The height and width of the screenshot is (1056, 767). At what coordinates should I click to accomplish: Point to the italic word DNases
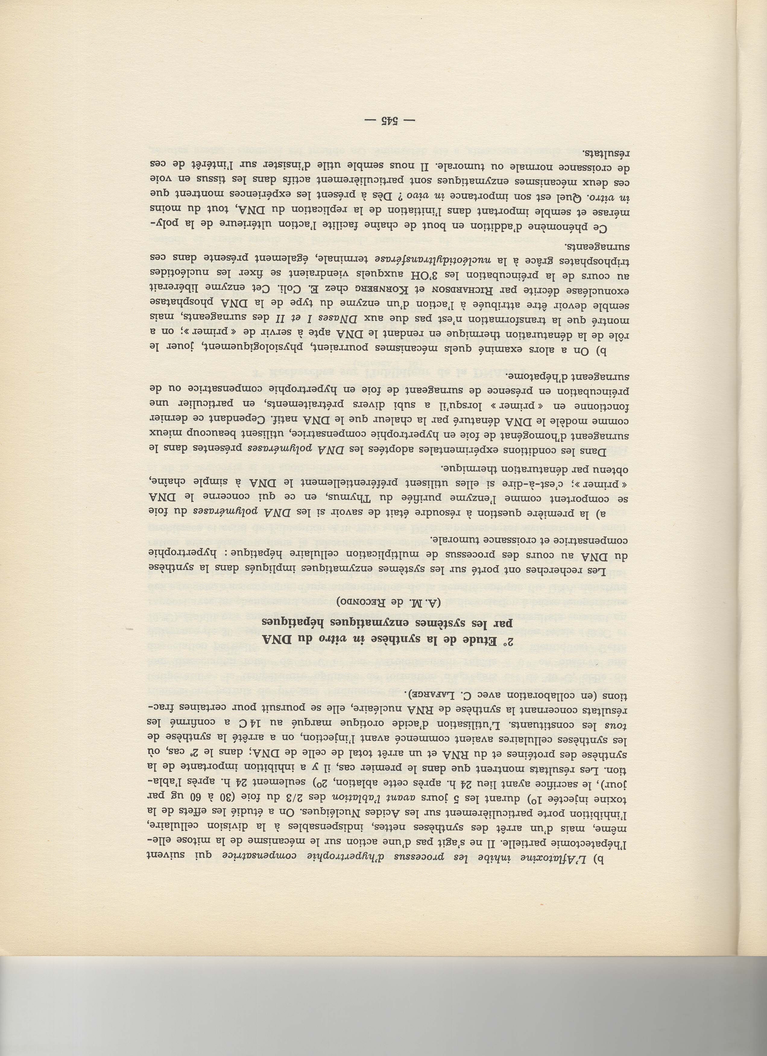coord(361,322)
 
